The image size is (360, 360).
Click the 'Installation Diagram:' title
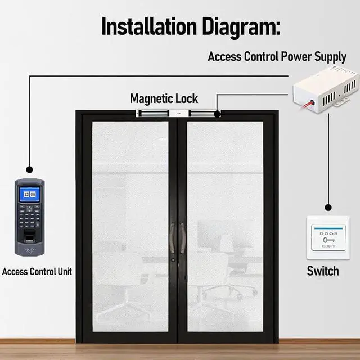(x=190, y=26)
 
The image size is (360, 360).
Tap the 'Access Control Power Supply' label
(x=277, y=57)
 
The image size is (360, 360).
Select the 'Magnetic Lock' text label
(x=164, y=99)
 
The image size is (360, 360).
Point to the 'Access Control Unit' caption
(x=37, y=272)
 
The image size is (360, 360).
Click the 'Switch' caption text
(x=322, y=271)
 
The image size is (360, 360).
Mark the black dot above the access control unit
(x=29, y=169)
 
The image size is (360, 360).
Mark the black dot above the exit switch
(x=328, y=206)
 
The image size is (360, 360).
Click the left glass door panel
(x=130, y=225)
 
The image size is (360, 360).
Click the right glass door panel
(x=225, y=225)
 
